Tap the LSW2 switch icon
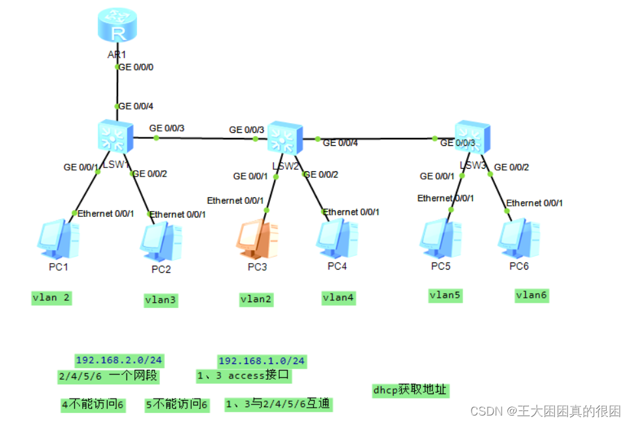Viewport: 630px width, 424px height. (282, 137)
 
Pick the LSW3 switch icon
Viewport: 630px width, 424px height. (471, 136)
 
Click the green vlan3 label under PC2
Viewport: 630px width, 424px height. (161, 300)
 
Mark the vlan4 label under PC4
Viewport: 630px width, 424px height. (338, 298)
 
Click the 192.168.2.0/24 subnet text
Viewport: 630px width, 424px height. (119, 360)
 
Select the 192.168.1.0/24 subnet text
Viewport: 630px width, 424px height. (262, 361)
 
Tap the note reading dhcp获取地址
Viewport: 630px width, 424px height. (410, 390)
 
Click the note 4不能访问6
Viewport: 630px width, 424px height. (93, 404)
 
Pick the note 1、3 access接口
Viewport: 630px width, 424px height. (243, 376)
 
